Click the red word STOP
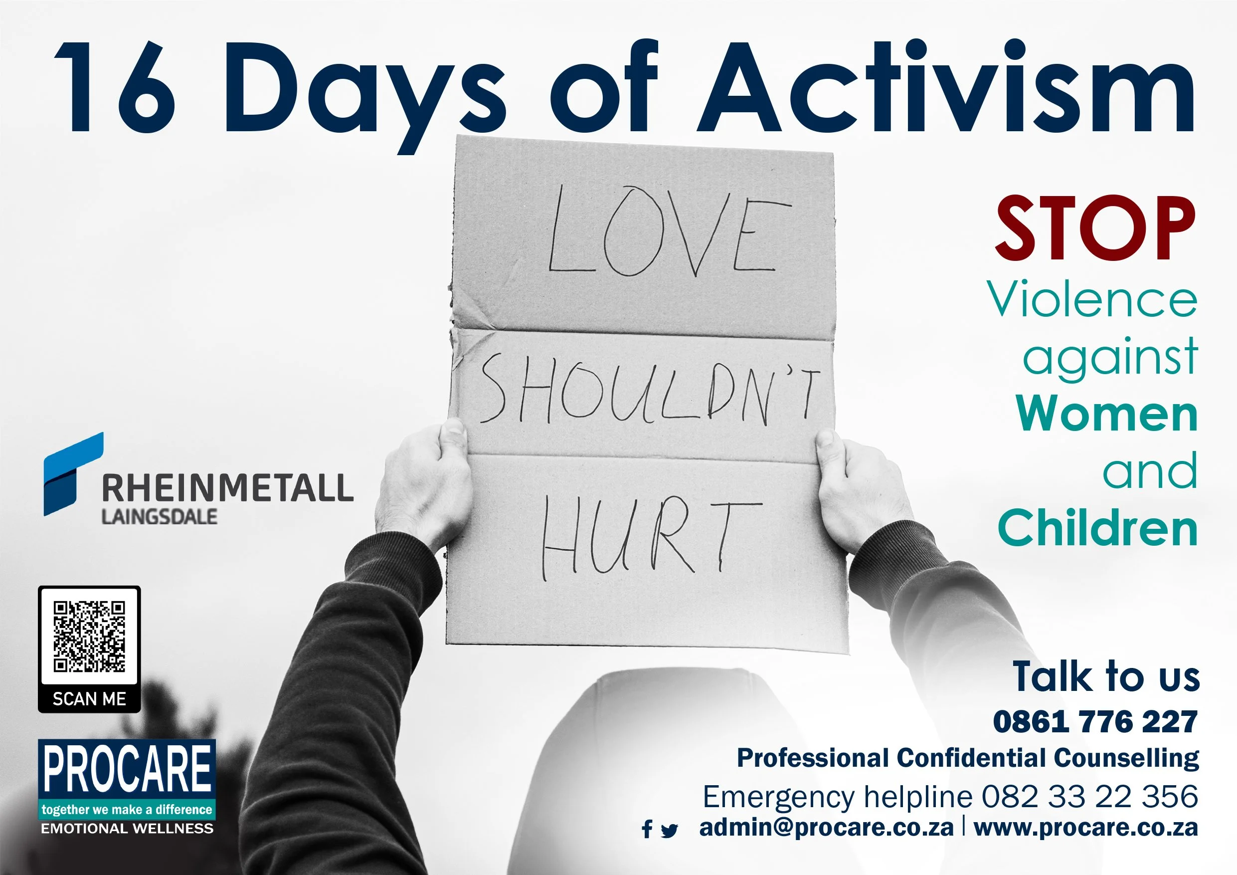(1095, 228)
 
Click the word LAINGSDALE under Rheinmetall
(160, 516)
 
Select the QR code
(89, 637)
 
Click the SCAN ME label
(89, 699)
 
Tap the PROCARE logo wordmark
(127, 769)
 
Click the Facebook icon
(647, 829)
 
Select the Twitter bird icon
(669, 830)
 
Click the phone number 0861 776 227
(1095, 721)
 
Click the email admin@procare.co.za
(826, 828)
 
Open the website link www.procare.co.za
(1085, 828)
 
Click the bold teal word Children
(1097, 528)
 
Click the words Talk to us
(1106, 676)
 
